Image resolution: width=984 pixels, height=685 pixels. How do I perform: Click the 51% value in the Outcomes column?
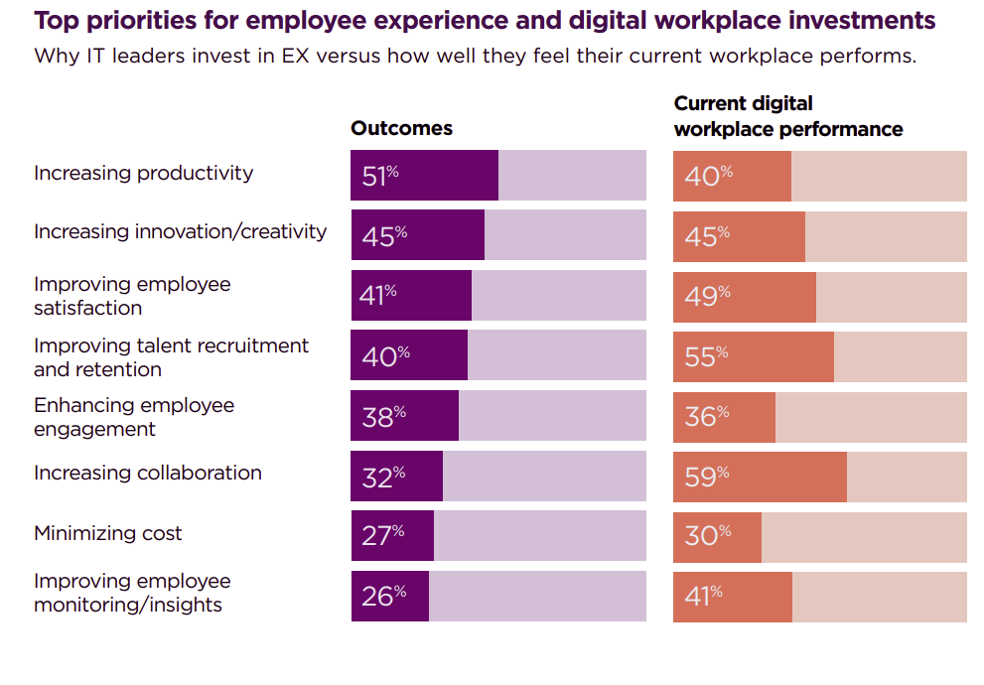click(x=380, y=177)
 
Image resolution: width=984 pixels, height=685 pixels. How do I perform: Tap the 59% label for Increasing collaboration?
click(x=706, y=477)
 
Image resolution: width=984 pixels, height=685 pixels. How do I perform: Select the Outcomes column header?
click(x=401, y=128)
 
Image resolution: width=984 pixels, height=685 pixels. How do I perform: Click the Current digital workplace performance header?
click(x=787, y=116)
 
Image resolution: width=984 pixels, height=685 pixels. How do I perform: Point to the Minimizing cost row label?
click(x=108, y=533)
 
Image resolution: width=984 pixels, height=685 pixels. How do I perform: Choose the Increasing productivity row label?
click(x=143, y=173)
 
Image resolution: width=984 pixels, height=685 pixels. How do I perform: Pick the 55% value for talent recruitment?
click(x=706, y=356)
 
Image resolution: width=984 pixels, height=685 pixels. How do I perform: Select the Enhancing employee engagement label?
click(x=134, y=417)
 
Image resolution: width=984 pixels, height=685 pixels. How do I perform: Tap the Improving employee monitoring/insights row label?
click(x=132, y=593)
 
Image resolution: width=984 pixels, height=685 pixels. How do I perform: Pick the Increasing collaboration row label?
click(x=148, y=473)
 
